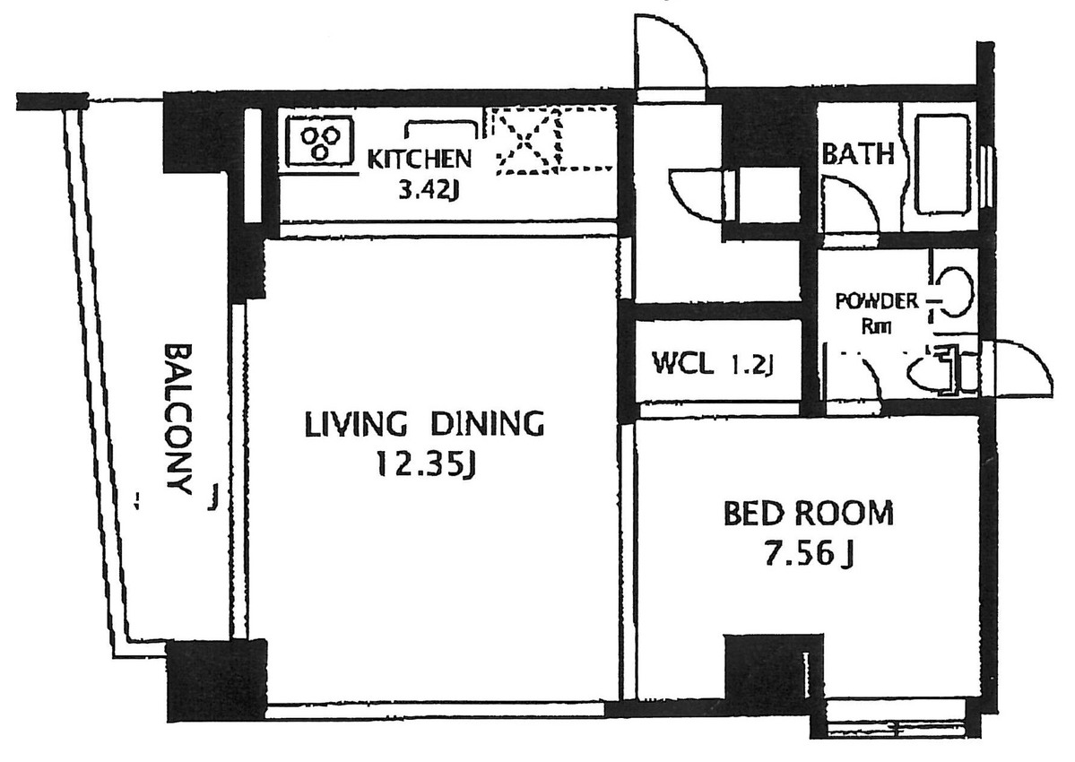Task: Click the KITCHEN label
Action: pos(420,160)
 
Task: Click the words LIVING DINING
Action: pos(425,423)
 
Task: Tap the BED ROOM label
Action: pos(808,514)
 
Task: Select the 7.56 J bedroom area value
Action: pos(806,555)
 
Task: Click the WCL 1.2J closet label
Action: pos(713,364)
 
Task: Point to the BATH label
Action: pos(858,155)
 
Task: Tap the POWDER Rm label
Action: pos(876,312)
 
